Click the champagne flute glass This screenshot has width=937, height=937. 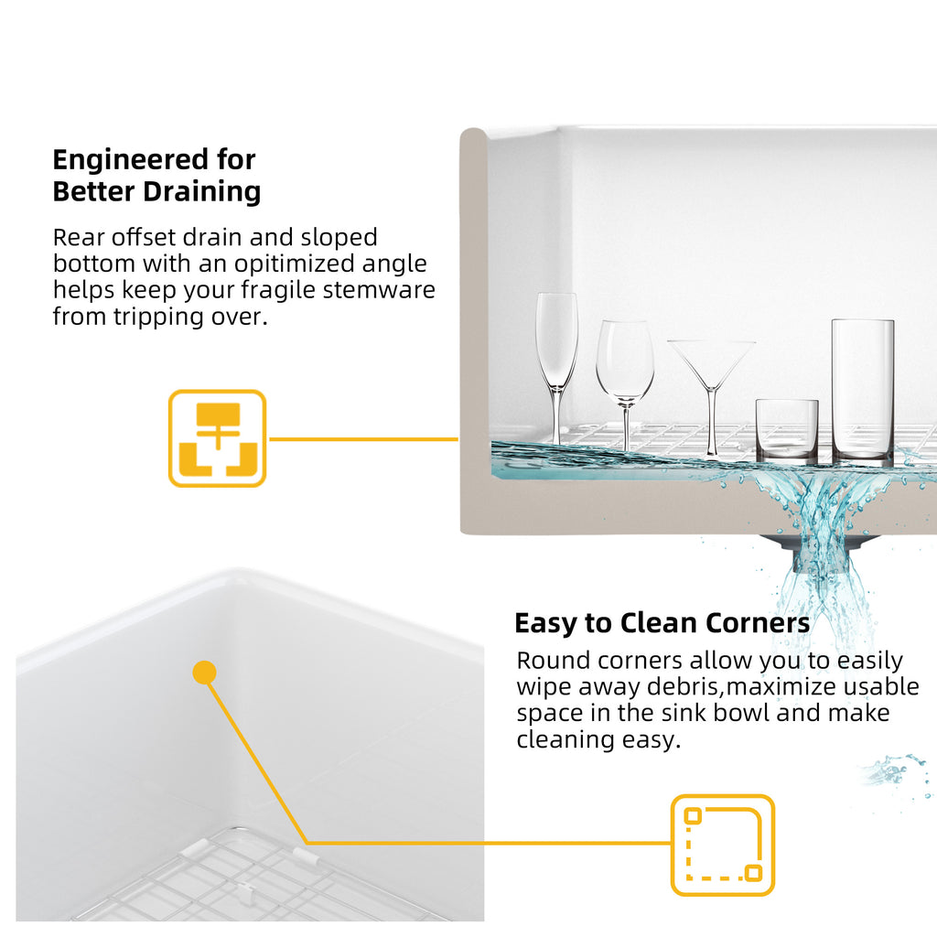click(x=556, y=371)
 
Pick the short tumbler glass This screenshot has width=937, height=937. click(x=786, y=430)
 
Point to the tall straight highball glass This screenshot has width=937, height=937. click(x=862, y=392)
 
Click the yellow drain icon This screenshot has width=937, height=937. click(x=217, y=438)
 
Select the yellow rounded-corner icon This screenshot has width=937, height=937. click(x=723, y=845)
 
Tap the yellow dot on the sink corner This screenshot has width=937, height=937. click(x=204, y=673)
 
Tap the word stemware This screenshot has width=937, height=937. click(x=379, y=290)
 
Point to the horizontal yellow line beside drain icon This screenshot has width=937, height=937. click(x=363, y=439)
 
